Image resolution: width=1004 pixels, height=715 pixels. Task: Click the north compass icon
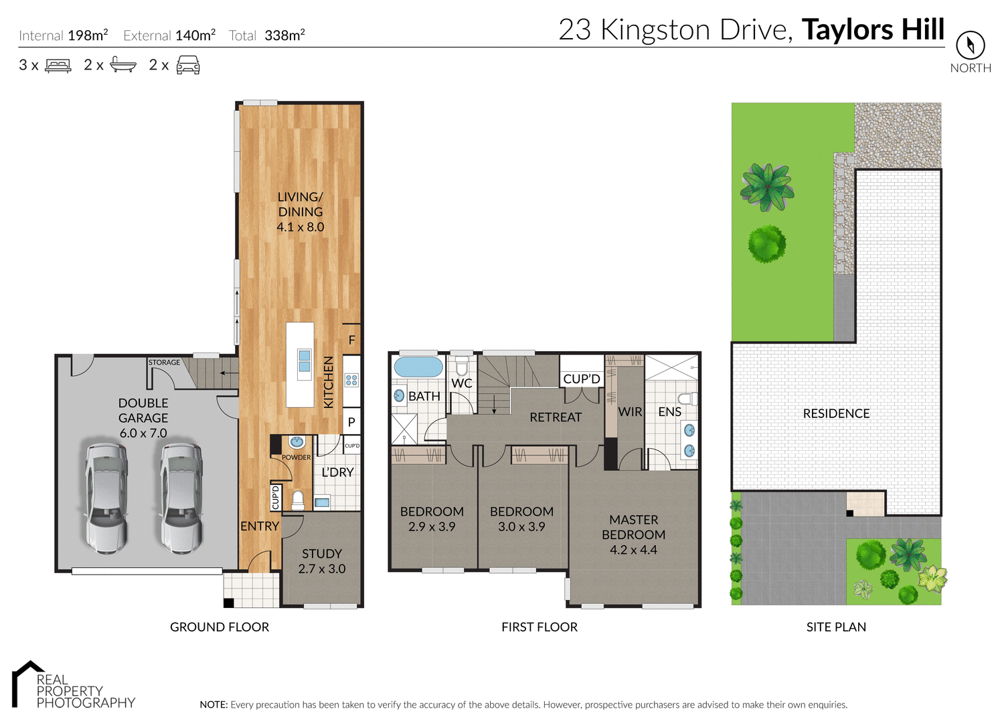point(970,45)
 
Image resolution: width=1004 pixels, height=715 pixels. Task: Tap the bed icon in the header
point(58,66)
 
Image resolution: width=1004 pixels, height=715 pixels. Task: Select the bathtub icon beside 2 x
point(123,65)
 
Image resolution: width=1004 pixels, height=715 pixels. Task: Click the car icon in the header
point(188,65)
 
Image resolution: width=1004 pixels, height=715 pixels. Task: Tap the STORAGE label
point(164,363)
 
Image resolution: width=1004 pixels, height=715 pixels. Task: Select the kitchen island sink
point(305,361)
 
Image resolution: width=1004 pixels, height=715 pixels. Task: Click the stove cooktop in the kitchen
point(351,381)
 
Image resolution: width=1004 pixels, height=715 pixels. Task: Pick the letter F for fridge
point(352,340)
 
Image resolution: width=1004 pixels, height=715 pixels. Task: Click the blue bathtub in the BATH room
point(418,367)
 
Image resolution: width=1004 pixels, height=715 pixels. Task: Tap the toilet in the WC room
point(461,367)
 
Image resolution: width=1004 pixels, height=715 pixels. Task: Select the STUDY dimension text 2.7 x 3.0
point(322,569)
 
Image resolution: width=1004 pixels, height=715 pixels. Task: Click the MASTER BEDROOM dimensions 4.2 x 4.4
point(633,550)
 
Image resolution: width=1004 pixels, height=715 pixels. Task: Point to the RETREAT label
point(556,417)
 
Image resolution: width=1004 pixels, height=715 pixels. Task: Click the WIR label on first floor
point(630,412)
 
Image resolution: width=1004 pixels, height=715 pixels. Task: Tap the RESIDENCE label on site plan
point(836,414)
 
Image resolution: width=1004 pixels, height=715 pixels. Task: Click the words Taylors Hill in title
point(873,30)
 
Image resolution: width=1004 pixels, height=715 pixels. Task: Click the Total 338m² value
point(284,35)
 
